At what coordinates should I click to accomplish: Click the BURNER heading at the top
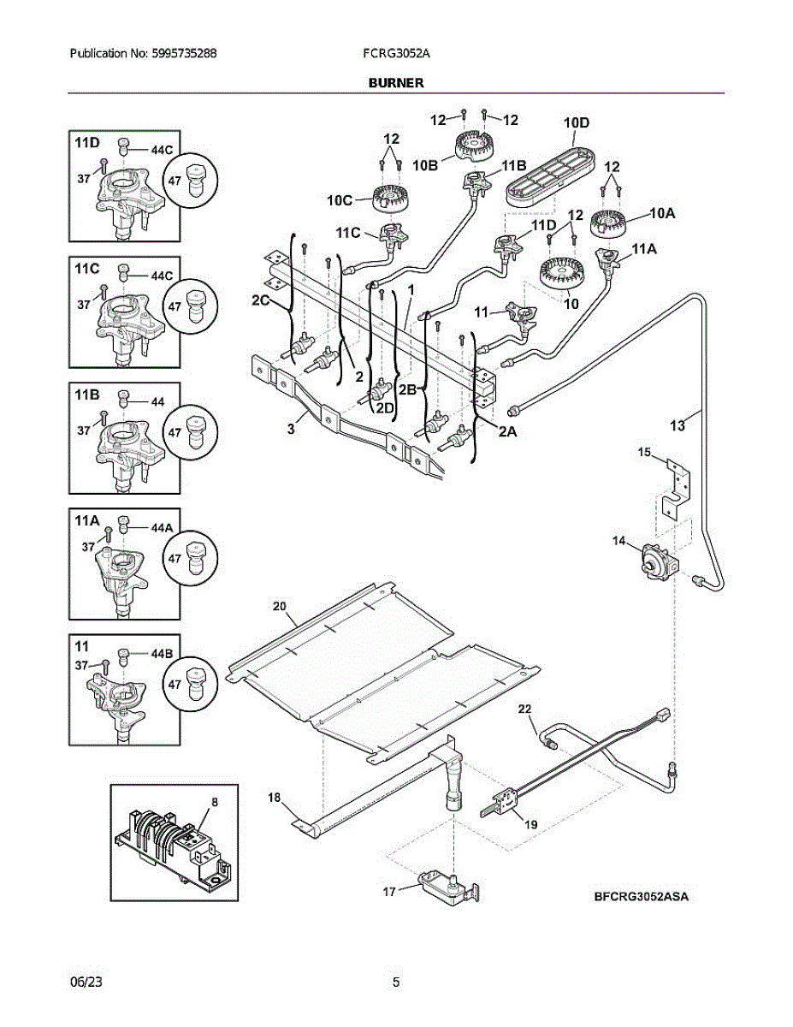pyautogui.click(x=396, y=83)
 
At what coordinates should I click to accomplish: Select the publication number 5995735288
pyautogui.click(x=184, y=53)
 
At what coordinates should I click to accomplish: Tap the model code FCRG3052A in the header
pyautogui.click(x=396, y=53)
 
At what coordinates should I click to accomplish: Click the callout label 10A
pyautogui.click(x=663, y=214)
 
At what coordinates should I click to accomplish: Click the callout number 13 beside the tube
pyautogui.click(x=678, y=426)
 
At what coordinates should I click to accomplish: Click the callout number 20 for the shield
pyautogui.click(x=280, y=606)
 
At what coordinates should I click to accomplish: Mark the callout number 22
pyautogui.click(x=524, y=709)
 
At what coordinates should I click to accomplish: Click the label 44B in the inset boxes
pyautogui.click(x=162, y=654)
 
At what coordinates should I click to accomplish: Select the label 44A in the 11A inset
pyautogui.click(x=162, y=528)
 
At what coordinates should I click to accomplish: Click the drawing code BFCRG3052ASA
pyautogui.click(x=641, y=897)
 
